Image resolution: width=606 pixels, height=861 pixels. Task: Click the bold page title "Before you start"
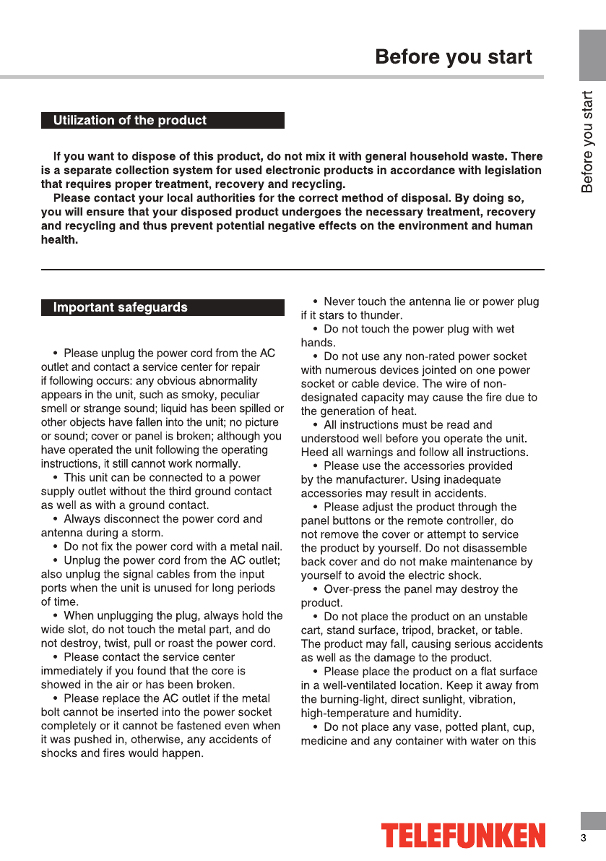pyautogui.click(x=454, y=57)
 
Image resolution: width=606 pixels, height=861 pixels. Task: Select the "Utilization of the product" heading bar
pyautogui.click(x=163, y=121)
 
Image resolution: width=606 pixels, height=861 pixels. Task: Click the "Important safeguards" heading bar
pyautogui.click(x=163, y=308)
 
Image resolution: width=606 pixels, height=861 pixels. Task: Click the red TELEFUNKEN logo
pyautogui.click(x=464, y=836)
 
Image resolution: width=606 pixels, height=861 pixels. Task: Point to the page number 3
pyautogui.click(x=583, y=839)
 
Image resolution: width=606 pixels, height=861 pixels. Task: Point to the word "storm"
pyautogui.click(x=149, y=533)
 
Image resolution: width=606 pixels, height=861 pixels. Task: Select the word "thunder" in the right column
pyautogui.click(x=380, y=315)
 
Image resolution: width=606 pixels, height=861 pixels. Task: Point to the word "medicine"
pyautogui.click(x=324, y=741)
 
